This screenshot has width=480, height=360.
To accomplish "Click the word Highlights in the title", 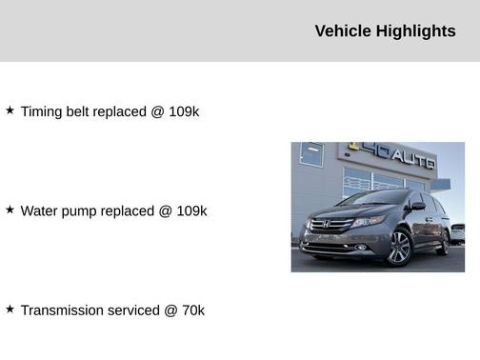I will pyautogui.click(x=416, y=31).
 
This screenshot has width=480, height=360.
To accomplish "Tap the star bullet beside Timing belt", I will pyautogui.click(x=10, y=110).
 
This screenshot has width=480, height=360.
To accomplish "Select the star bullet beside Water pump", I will pyautogui.click(x=10, y=210).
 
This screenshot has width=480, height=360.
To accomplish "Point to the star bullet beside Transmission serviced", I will pyautogui.click(x=10, y=310).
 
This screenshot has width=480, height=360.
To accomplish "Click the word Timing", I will pyautogui.click(x=41, y=111).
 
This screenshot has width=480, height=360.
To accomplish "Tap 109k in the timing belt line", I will pyautogui.click(x=184, y=111).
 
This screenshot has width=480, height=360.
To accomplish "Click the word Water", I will pyautogui.click(x=40, y=210).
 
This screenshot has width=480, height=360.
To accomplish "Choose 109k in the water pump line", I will pyautogui.click(x=191, y=210).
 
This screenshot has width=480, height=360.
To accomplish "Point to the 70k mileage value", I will pyautogui.click(x=192, y=310).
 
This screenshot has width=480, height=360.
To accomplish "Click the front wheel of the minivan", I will pyautogui.click(x=399, y=248).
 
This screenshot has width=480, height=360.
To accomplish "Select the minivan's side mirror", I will pyautogui.click(x=417, y=206).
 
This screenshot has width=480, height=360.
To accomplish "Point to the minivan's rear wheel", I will pyautogui.click(x=444, y=242).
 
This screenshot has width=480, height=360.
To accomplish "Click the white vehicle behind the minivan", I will pyautogui.click(x=458, y=231).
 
